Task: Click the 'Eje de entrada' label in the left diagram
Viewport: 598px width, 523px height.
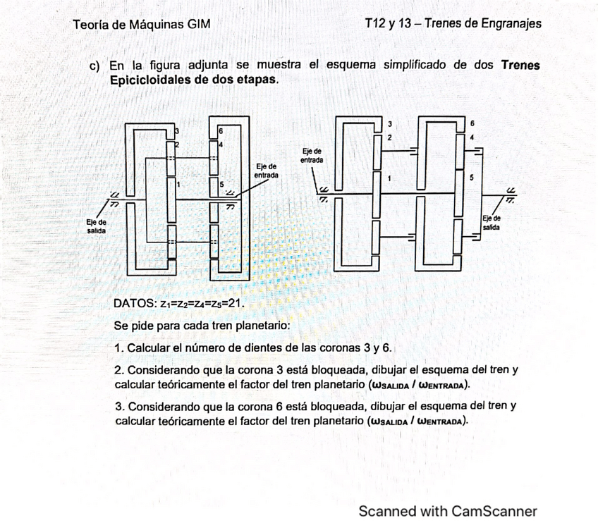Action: point(266,169)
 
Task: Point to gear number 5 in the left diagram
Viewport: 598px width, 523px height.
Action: point(223,185)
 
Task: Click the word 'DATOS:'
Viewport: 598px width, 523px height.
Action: point(135,304)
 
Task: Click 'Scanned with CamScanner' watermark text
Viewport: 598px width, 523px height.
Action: point(448,511)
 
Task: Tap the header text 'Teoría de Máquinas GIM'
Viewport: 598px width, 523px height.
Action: point(141,24)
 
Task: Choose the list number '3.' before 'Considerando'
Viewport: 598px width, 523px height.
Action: point(118,407)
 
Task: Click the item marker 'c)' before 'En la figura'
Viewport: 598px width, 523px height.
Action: point(95,66)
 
